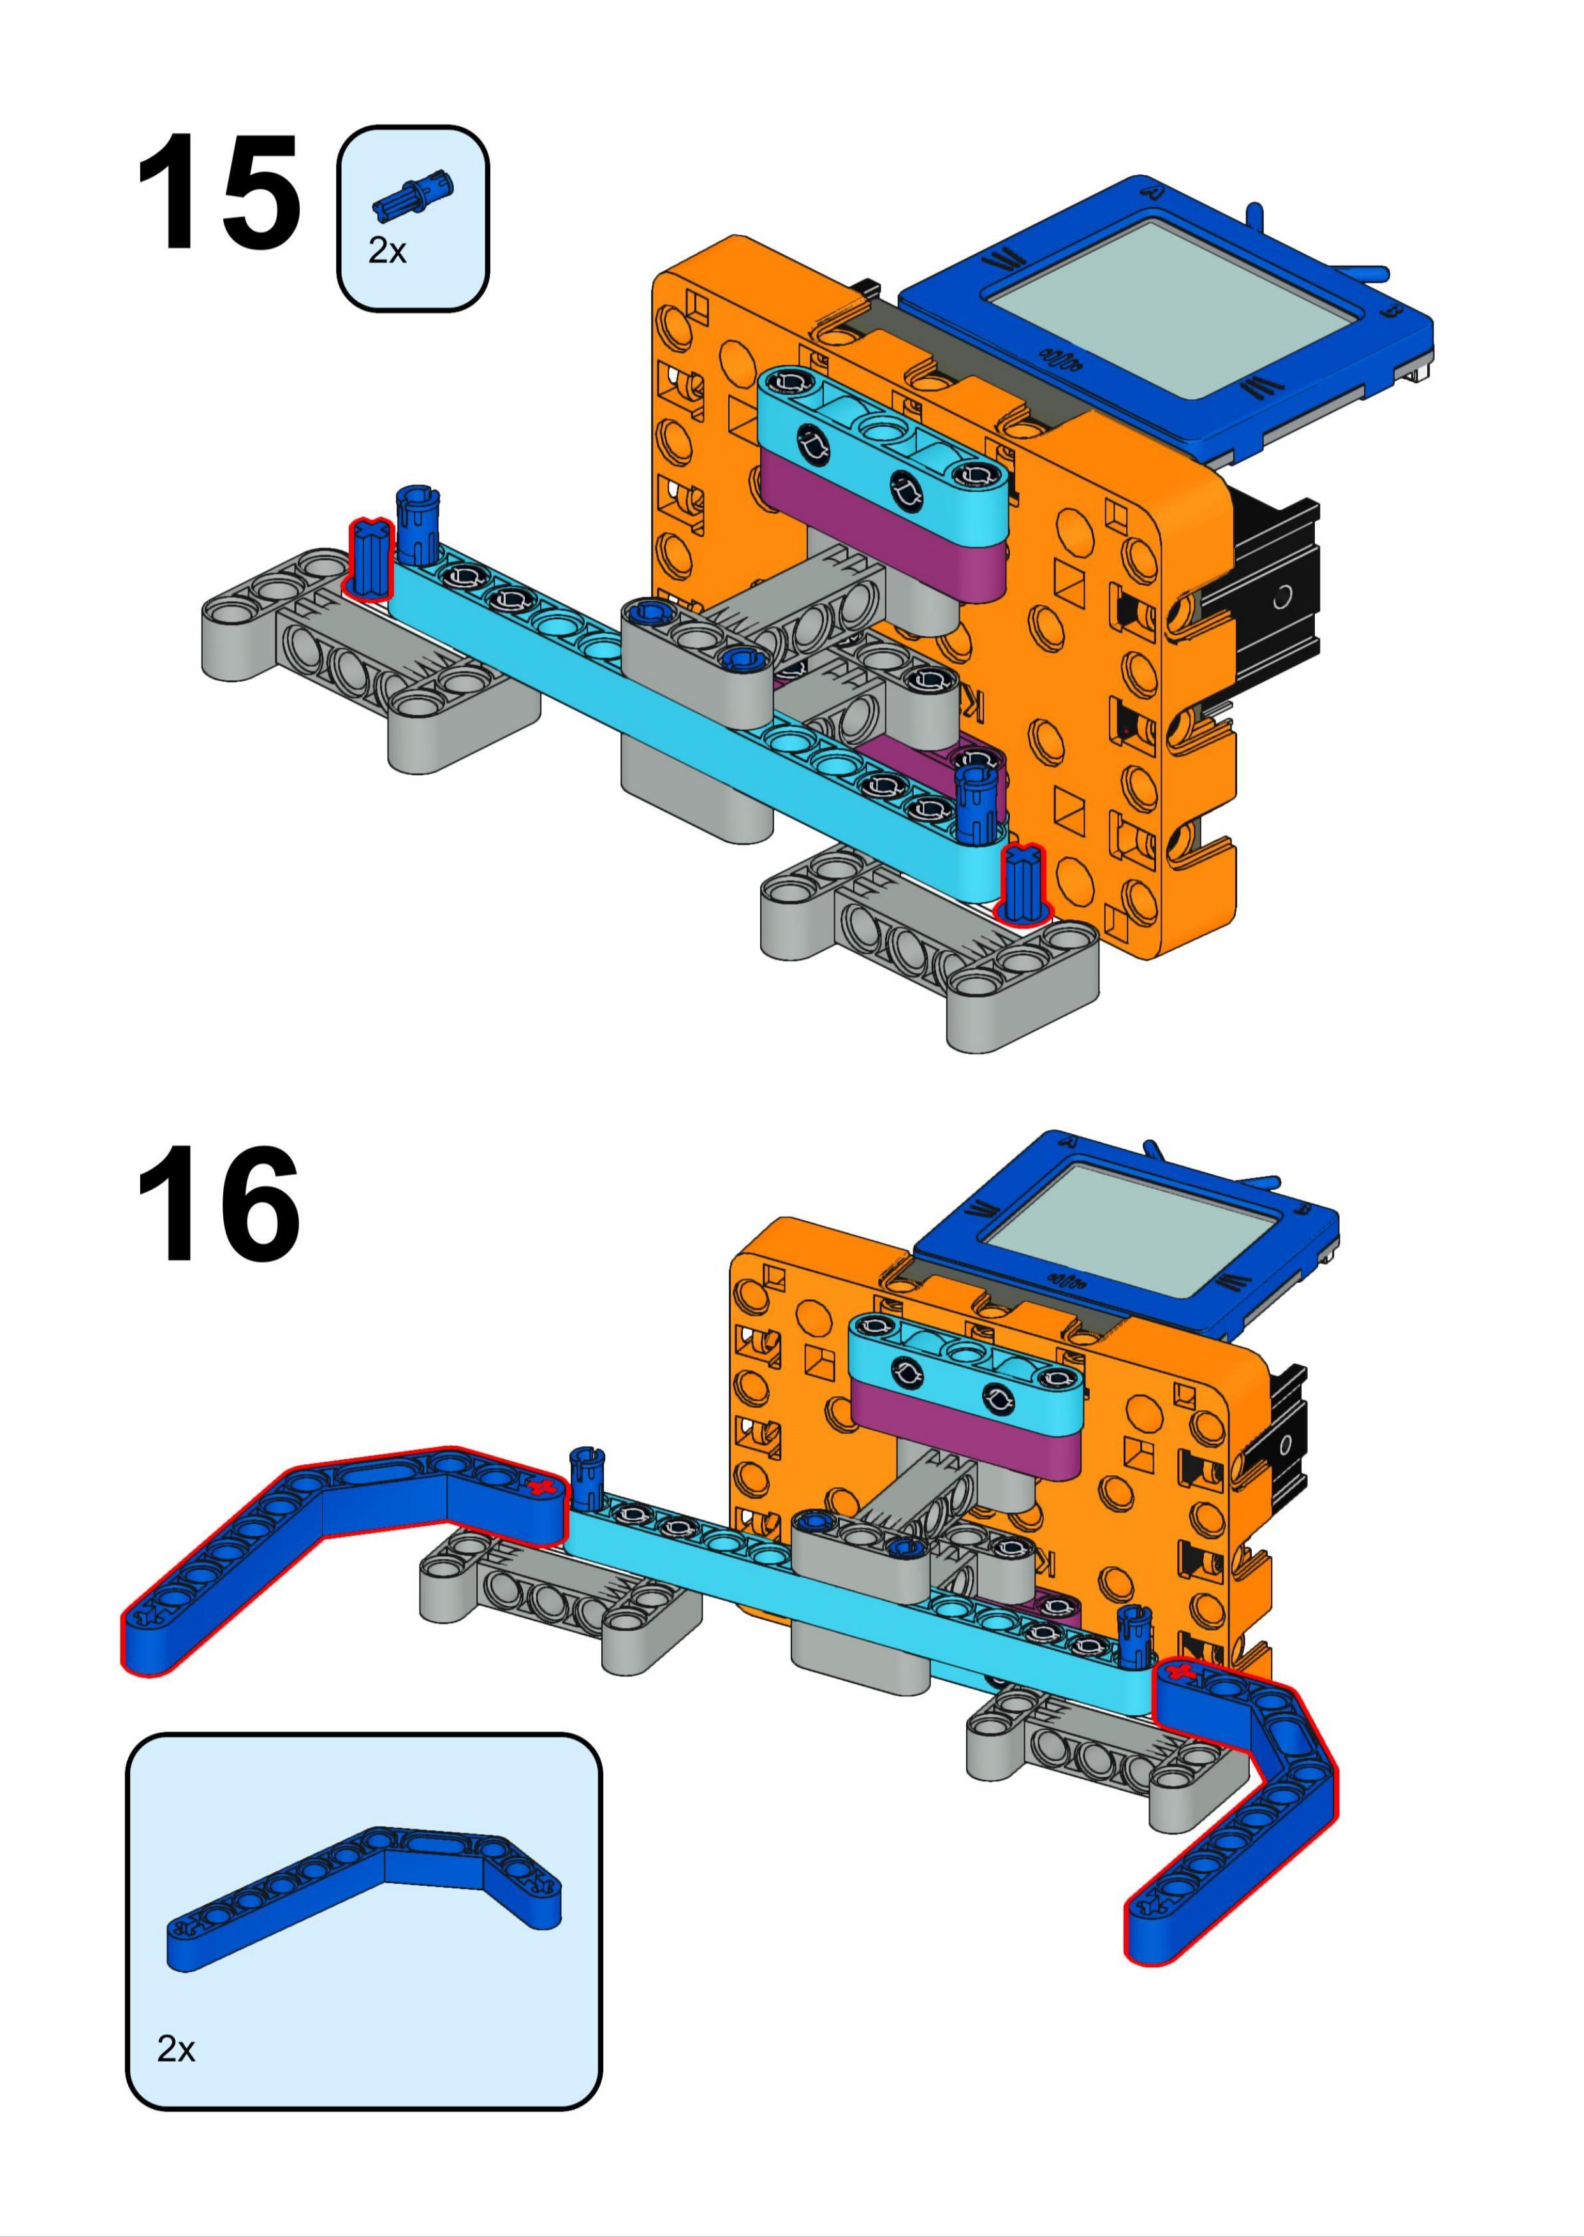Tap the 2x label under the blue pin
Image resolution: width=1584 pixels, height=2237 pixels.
(x=386, y=252)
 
